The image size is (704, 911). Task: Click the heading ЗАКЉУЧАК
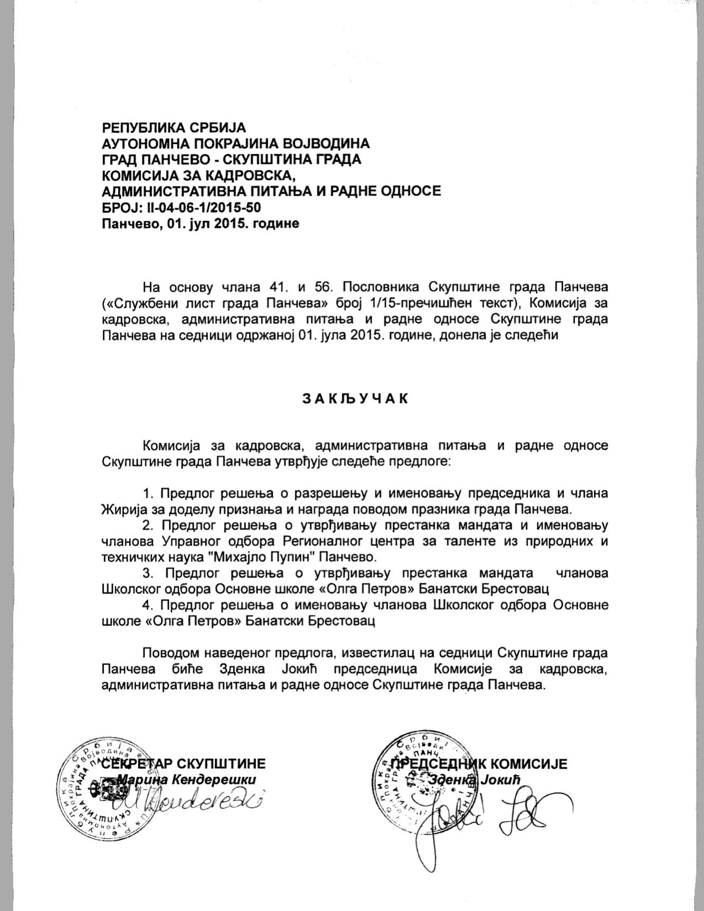click(x=356, y=398)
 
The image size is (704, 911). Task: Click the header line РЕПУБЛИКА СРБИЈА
click(x=173, y=127)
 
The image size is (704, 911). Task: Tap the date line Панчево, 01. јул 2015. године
click(x=201, y=223)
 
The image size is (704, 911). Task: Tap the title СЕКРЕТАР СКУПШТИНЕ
click(x=184, y=764)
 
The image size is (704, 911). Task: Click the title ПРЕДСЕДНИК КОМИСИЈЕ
click(x=478, y=764)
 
